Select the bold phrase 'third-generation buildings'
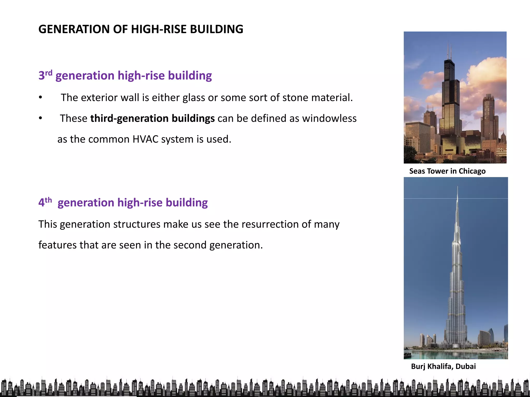152,118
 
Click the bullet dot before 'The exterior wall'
40,98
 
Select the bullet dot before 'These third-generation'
40,118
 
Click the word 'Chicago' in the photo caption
472,171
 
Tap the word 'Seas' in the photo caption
417,171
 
